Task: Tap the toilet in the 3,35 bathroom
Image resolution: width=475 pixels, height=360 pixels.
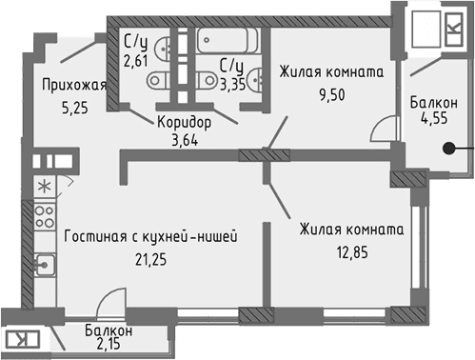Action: [205, 80]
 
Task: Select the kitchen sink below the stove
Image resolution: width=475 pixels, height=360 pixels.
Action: [43, 265]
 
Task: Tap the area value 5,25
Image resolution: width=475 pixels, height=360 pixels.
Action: [74, 110]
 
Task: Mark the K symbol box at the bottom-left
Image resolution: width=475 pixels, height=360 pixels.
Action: [20, 338]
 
